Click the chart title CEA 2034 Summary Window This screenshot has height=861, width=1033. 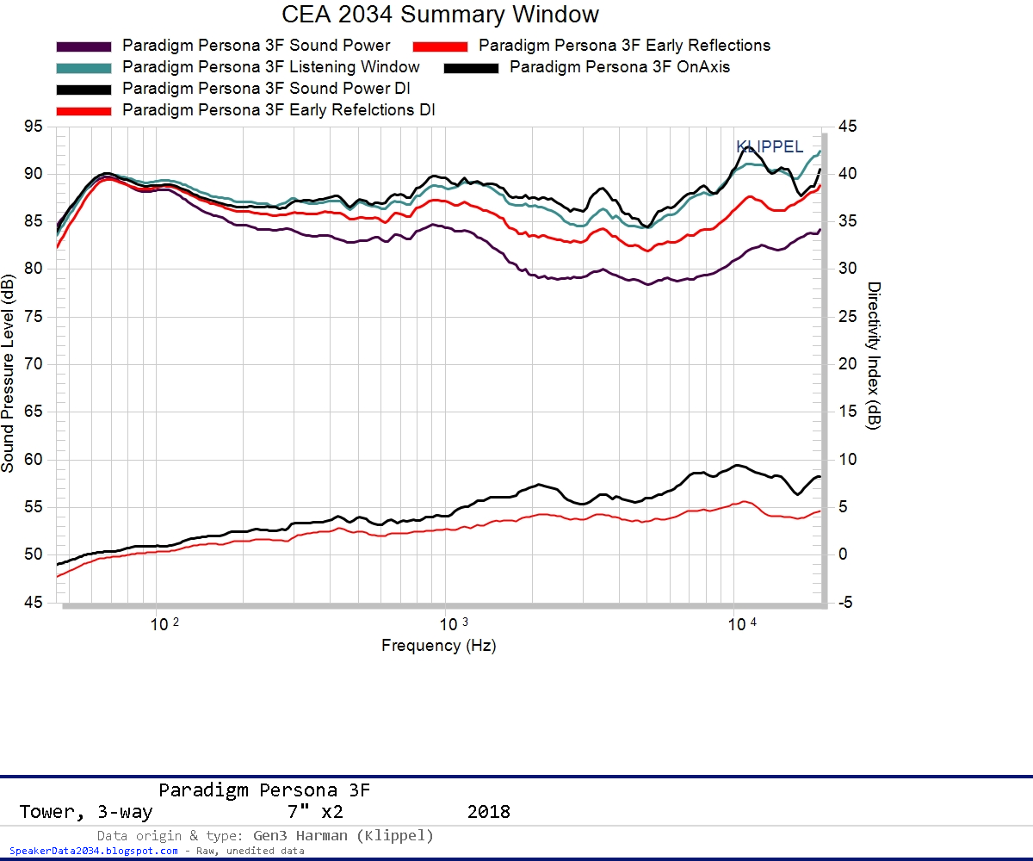440,15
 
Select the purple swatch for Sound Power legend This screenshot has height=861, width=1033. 84,46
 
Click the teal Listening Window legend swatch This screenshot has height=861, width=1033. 84,67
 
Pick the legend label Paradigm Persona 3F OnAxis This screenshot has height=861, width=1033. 620,66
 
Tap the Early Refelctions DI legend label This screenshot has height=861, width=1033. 279,110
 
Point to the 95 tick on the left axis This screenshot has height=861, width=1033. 33,127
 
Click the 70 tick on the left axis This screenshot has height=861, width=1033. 33,364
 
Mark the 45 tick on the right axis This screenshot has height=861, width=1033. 847,127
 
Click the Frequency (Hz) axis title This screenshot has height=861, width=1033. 439,646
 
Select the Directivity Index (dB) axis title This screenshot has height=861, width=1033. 873,356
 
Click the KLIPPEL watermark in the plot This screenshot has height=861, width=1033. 770,147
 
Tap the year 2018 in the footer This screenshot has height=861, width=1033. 488,812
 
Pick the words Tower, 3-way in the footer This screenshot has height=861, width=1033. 85,812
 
